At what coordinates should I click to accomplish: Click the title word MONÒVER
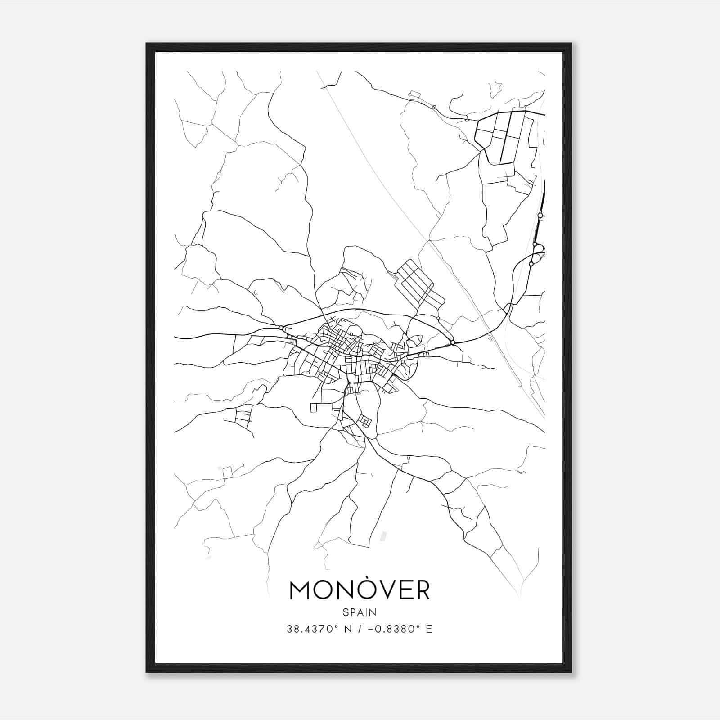(x=360, y=590)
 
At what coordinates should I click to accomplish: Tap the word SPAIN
(x=360, y=612)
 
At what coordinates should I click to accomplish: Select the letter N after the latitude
(x=348, y=629)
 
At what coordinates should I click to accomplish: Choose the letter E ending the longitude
(x=429, y=629)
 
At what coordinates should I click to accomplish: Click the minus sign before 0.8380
(x=371, y=629)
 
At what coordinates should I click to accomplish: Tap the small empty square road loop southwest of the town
(x=314, y=408)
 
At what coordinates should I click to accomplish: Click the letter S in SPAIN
(x=345, y=612)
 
